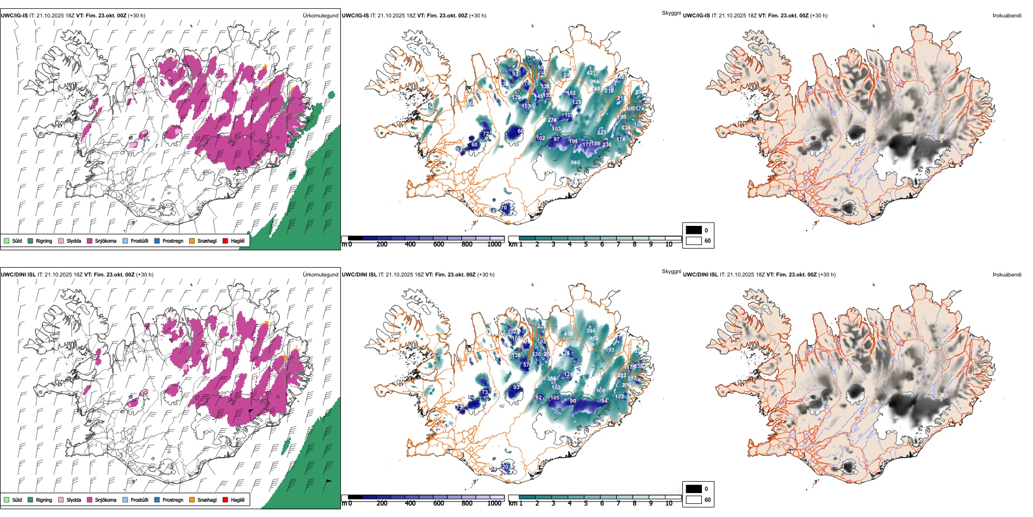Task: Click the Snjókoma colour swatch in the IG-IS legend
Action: point(90,241)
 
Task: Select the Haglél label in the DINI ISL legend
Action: point(238,500)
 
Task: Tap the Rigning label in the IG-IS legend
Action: point(44,241)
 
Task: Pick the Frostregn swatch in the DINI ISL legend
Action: point(157,500)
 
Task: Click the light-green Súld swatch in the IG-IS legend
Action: point(7,241)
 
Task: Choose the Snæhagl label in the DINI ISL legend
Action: point(207,500)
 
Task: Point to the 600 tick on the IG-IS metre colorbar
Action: point(439,244)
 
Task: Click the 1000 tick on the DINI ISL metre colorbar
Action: point(494,503)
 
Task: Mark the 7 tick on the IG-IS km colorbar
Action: point(618,244)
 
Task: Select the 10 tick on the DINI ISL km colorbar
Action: point(669,503)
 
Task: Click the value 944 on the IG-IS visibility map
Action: point(595,82)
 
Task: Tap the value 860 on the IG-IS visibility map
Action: point(575,163)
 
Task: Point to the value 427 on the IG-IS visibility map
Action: point(592,72)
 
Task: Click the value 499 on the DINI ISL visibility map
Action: point(569,334)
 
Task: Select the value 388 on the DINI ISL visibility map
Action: point(551,379)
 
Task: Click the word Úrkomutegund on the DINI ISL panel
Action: point(320,274)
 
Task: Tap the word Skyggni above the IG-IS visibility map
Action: point(671,13)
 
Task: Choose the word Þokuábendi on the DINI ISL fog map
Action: point(1007,274)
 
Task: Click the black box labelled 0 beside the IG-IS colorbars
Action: point(694,230)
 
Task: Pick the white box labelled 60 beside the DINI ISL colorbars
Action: point(694,500)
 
